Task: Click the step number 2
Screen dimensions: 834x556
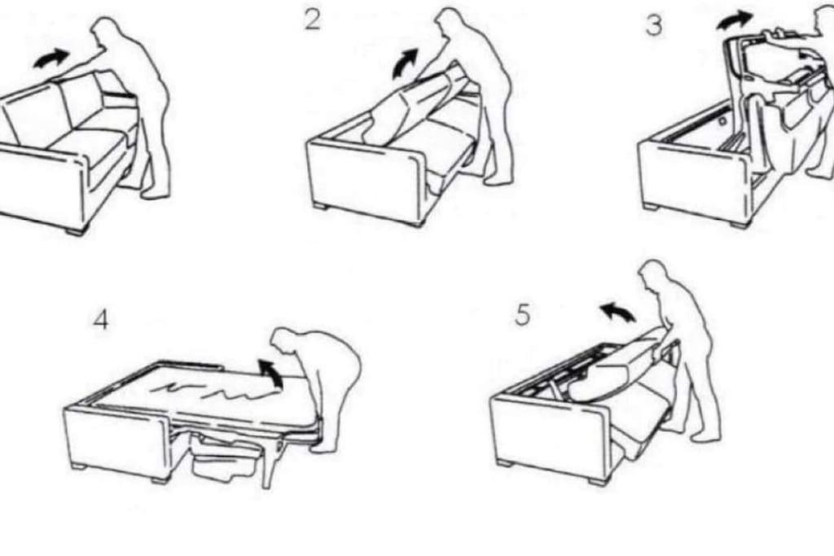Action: (x=313, y=20)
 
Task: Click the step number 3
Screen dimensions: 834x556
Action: (x=654, y=25)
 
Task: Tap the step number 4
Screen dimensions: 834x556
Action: (x=101, y=320)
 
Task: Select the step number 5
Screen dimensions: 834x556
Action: (x=523, y=314)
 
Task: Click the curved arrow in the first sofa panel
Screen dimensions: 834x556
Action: (x=51, y=58)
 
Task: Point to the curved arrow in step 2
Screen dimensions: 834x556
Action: (x=406, y=62)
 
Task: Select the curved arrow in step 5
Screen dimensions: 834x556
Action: (x=617, y=312)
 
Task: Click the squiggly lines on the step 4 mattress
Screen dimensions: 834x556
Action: (x=213, y=392)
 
